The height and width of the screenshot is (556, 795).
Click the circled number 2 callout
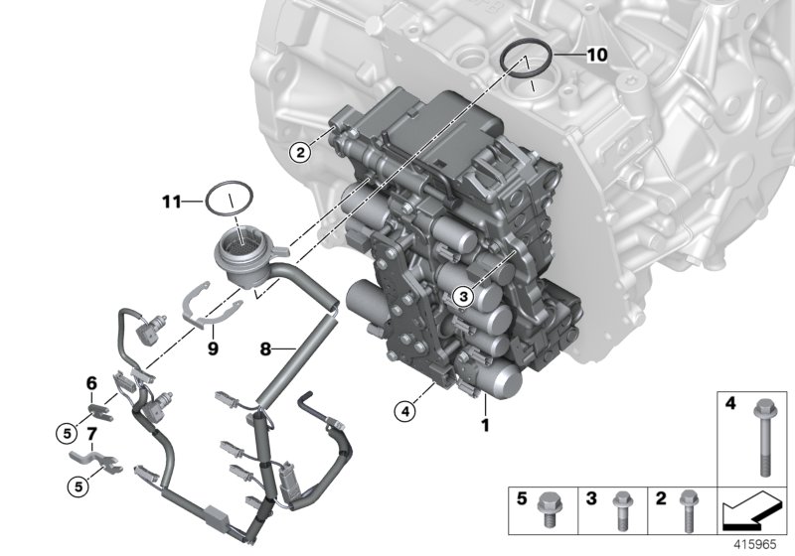[x=297, y=152]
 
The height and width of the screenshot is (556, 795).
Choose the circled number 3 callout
[x=461, y=295]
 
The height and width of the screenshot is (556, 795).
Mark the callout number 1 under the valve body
[x=485, y=425]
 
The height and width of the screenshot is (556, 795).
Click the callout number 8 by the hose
[x=265, y=349]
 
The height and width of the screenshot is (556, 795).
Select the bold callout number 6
[x=90, y=383]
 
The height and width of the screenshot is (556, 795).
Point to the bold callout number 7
[x=90, y=434]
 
